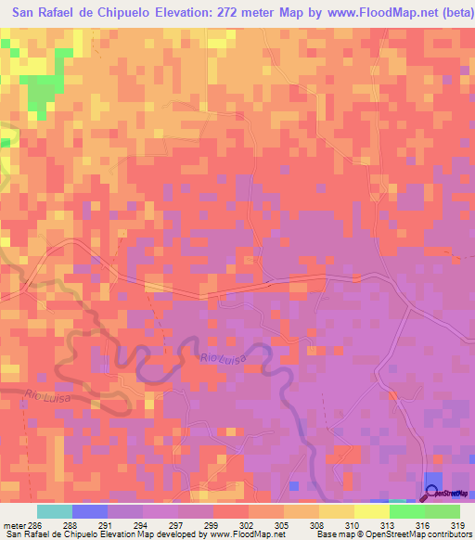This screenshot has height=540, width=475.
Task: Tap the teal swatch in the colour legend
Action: (x=55, y=512)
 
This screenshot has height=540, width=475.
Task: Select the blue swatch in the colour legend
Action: (x=90, y=512)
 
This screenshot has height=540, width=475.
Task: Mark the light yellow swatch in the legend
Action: (x=372, y=512)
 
